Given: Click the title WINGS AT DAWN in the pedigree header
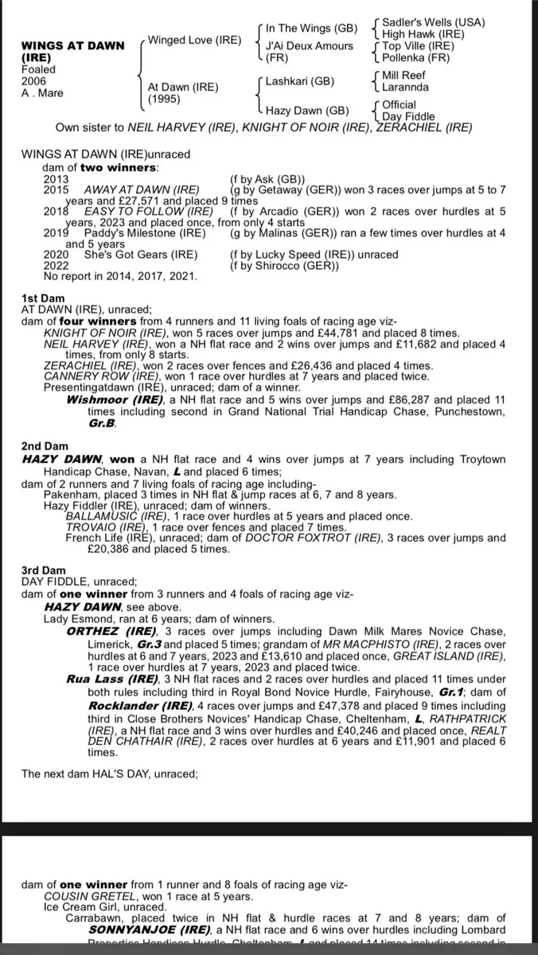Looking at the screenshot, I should point(72,45).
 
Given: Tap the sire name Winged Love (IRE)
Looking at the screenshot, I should point(194,40).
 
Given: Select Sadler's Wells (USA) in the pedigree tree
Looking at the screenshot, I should point(434,22).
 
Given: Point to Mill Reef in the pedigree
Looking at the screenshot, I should point(405,75).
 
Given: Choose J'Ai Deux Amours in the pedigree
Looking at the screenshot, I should point(310,45).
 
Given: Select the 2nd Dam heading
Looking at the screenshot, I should point(46,446).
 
